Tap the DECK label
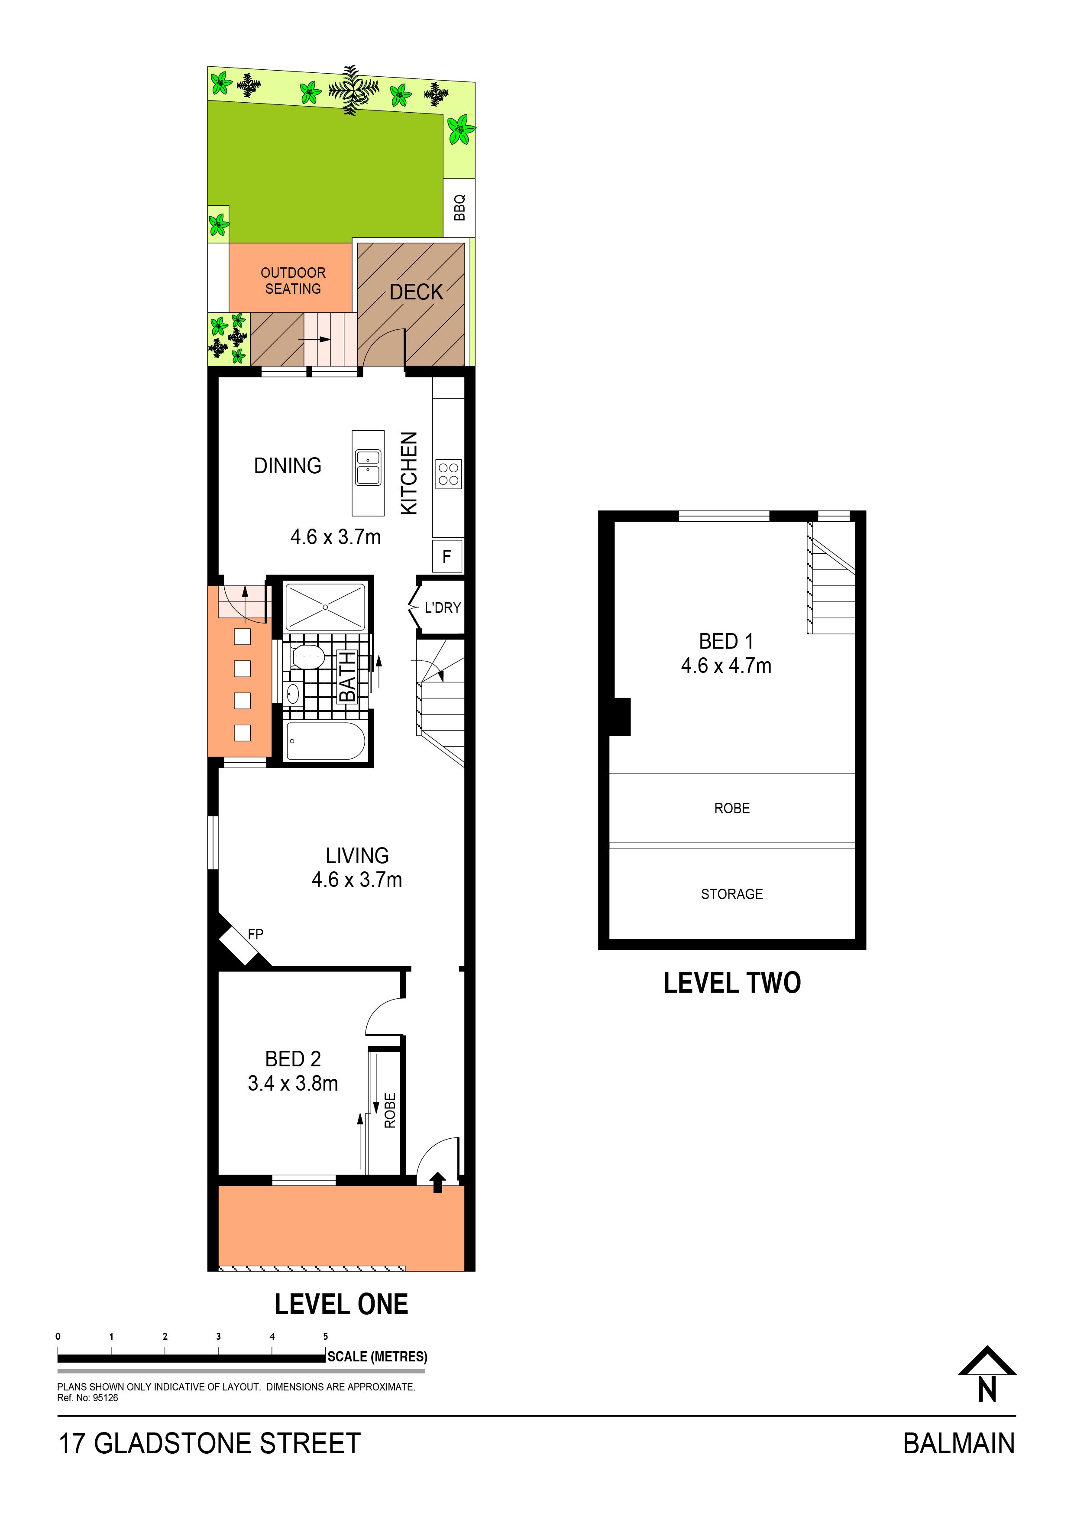(416, 292)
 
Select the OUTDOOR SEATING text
(293, 281)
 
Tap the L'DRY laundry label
(443, 607)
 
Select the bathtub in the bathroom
(324, 741)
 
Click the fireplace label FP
(256, 934)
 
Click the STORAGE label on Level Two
(732, 894)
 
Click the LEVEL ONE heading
(341, 1304)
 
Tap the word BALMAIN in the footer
(959, 1444)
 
